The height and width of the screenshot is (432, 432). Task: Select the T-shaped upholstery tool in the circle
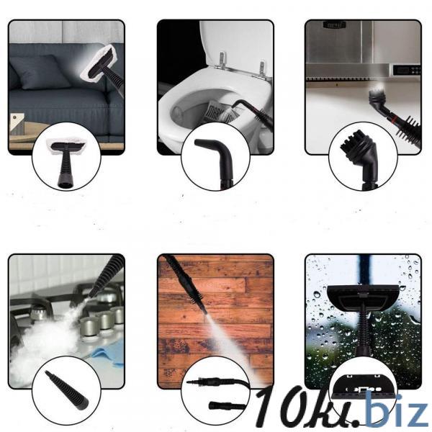pos(67,163)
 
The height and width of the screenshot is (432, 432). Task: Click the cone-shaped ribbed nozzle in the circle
pos(67,390)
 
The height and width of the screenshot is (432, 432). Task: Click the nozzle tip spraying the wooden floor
pos(204,312)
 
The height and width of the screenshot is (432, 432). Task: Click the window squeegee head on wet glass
pos(363,297)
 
